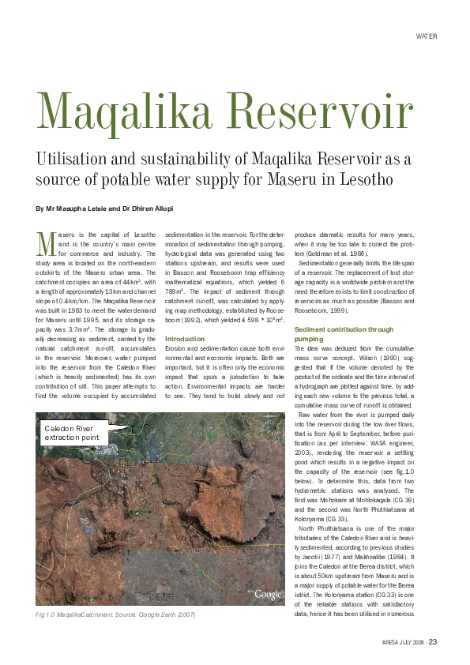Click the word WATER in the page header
point(427,36)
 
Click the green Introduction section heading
point(184,338)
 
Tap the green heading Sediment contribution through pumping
point(343,332)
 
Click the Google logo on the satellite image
point(269,594)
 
